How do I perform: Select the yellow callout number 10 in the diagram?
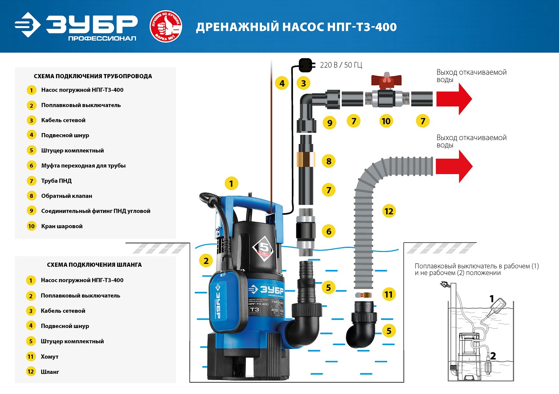tap(386, 121)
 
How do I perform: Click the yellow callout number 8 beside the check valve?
tap(329, 161)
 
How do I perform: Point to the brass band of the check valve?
tap(306, 159)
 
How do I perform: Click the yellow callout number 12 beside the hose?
tap(389, 211)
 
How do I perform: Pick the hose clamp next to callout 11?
tap(363, 295)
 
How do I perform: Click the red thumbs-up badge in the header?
tap(166, 26)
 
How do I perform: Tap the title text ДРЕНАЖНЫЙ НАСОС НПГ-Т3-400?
tap(296, 27)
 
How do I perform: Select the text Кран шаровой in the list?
tap(62, 226)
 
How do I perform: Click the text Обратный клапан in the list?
tap(67, 196)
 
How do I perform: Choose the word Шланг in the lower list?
tap(50, 372)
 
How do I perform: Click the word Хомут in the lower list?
tap(50, 357)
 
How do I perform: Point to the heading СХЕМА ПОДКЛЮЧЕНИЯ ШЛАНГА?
tap(94, 265)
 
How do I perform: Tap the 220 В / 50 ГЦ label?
tap(341, 65)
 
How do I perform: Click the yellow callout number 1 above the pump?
tap(231, 183)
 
